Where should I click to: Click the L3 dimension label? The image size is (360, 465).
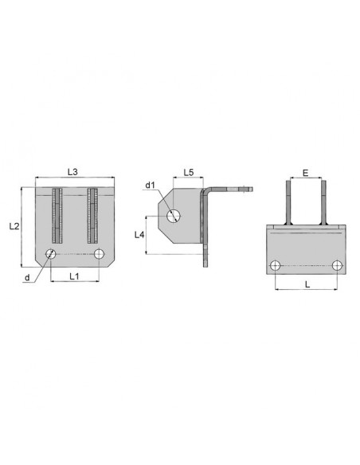pyautogui.click(x=72, y=172)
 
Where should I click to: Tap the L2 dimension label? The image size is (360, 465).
pyautogui.click(x=14, y=226)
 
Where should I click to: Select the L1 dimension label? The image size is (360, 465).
pyautogui.click(x=74, y=276)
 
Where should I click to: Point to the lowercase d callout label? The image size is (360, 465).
pyautogui.click(x=27, y=278)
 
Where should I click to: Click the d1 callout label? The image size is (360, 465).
pyautogui.click(x=151, y=186)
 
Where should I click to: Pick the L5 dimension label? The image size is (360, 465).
pyautogui.click(x=189, y=172)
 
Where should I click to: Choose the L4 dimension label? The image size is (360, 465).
pyautogui.click(x=139, y=235)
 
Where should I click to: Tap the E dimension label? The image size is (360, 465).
pyautogui.click(x=305, y=173)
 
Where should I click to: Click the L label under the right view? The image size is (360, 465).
pyautogui.click(x=307, y=285)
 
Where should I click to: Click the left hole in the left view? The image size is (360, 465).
pyautogui.click(x=51, y=254)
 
